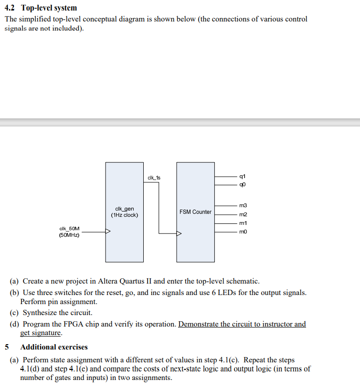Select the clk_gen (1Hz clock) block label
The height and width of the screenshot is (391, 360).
125,211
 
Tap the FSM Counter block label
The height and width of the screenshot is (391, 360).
195,211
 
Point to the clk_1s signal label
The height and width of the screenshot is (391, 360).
154,178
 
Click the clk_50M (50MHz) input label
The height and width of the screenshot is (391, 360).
70,232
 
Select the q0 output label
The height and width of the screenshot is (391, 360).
244,184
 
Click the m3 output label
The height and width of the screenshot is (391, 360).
244,205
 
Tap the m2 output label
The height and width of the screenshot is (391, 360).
244,214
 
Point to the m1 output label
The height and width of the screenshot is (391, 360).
244,223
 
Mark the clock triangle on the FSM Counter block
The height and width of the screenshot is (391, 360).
179,234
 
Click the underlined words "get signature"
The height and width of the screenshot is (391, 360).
41,333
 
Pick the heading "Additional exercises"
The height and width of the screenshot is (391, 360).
54,347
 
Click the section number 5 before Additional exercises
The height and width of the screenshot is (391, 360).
7,347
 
